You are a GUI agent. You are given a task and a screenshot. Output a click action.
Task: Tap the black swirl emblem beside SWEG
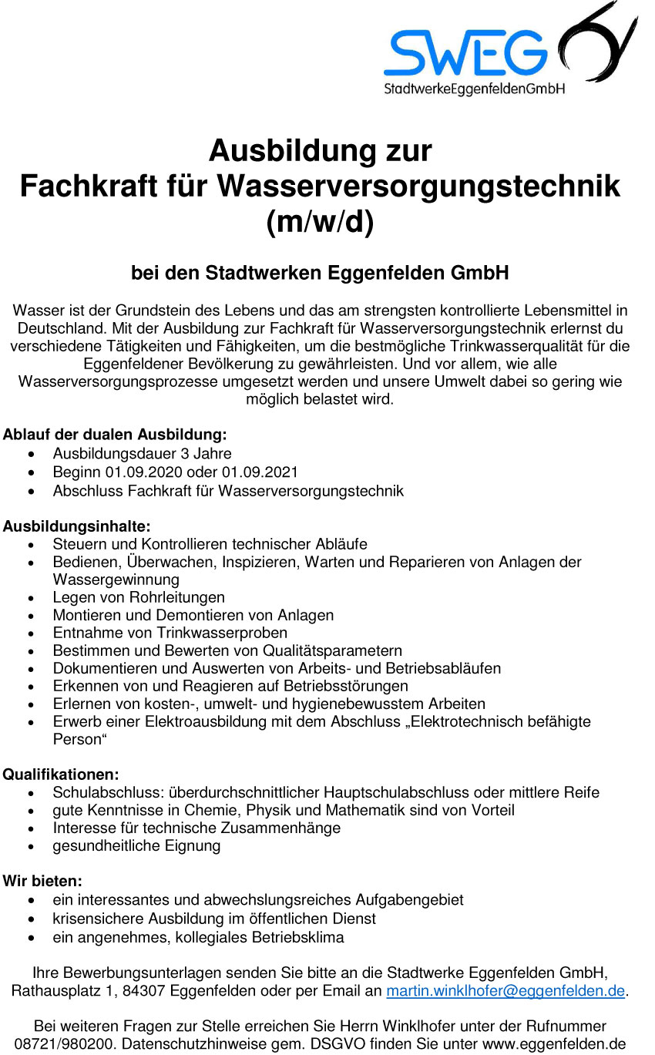597,42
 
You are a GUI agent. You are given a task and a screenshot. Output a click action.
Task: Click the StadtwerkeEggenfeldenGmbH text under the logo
475,89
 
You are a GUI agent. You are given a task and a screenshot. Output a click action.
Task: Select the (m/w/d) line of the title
320,223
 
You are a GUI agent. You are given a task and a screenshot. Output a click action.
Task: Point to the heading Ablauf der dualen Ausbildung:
115,435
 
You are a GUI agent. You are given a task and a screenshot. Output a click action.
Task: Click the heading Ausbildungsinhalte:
76,526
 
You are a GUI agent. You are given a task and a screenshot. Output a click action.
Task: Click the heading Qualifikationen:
61,774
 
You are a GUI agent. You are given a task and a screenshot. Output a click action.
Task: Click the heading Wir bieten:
42,881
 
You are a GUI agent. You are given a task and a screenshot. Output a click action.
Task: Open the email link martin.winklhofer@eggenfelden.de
506,991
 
